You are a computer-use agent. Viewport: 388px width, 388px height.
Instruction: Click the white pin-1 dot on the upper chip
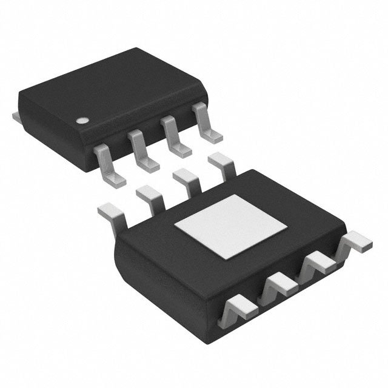81,119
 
